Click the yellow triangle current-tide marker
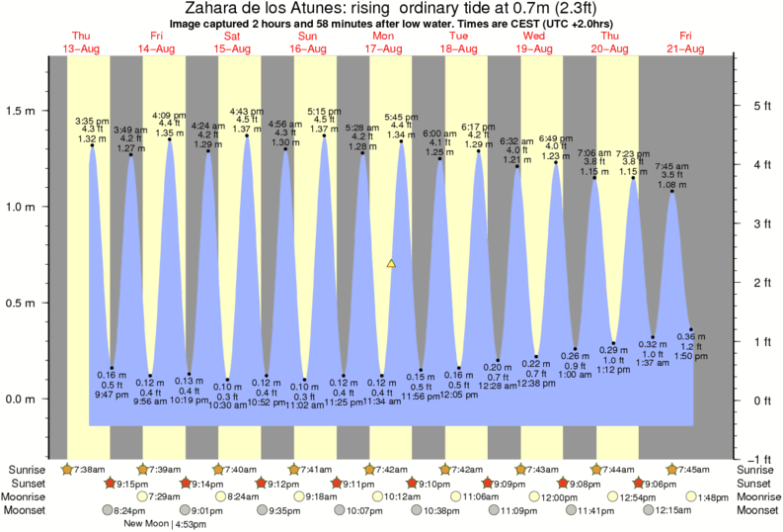(x=391, y=264)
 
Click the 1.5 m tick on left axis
(x=22, y=111)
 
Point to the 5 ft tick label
(x=759, y=105)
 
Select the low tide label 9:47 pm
(x=112, y=394)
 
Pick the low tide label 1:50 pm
(x=691, y=355)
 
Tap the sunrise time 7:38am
(x=90, y=468)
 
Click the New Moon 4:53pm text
(x=164, y=524)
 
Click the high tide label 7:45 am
(x=672, y=167)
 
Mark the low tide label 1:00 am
(x=575, y=375)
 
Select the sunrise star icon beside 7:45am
(x=673, y=468)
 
